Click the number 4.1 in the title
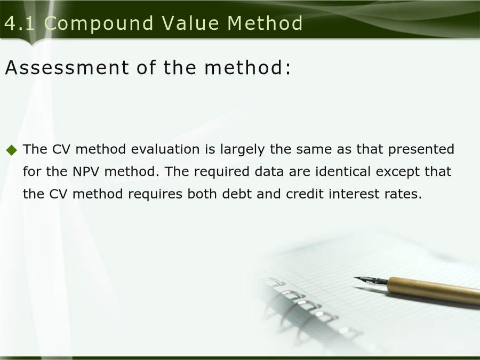20,23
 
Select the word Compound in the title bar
99,23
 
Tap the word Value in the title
190,23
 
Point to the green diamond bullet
12,150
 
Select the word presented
421,150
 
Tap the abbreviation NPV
86,171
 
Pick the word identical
343,171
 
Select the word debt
237,194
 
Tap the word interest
354,194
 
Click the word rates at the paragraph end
404,194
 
